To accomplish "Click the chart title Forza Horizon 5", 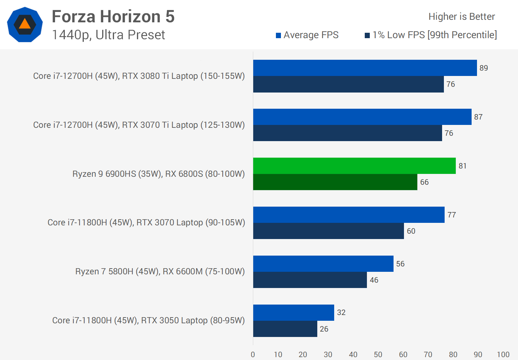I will click(113, 17).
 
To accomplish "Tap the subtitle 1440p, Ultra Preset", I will click(108, 35).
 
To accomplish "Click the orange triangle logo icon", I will click(25, 24).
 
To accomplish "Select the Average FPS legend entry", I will click(307, 35).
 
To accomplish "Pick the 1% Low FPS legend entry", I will click(431, 35).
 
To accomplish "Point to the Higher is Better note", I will click(462, 17).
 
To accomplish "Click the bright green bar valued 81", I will click(354, 166).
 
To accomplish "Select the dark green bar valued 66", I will click(335, 182).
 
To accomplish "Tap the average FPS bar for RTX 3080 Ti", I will click(365, 68).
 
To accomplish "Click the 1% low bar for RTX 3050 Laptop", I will click(285, 329).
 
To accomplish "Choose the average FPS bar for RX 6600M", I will click(323, 264).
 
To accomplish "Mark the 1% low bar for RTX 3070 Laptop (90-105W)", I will click(328, 231).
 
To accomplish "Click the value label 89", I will click(483, 68).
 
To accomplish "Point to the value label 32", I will click(341, 312).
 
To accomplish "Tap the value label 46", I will click(374, 280).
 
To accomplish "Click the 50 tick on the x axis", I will click(378, 355).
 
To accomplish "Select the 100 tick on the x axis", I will click(503, 355).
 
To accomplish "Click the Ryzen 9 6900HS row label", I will click(158, 174).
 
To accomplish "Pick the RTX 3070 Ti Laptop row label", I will click(139, 125).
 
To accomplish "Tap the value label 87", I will click(478, 117).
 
